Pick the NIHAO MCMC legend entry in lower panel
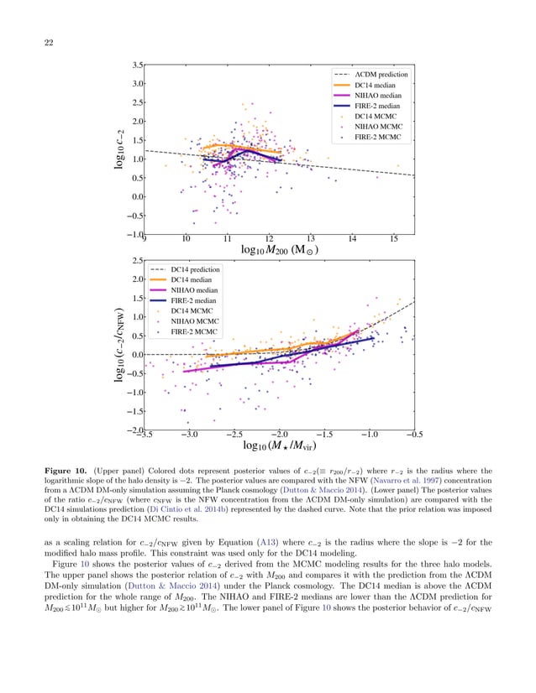click(196, 320)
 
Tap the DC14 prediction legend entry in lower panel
click(195, 269)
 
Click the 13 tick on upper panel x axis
click(311, 239)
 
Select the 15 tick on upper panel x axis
click(394, 239)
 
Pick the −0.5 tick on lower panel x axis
click(413, 434)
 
